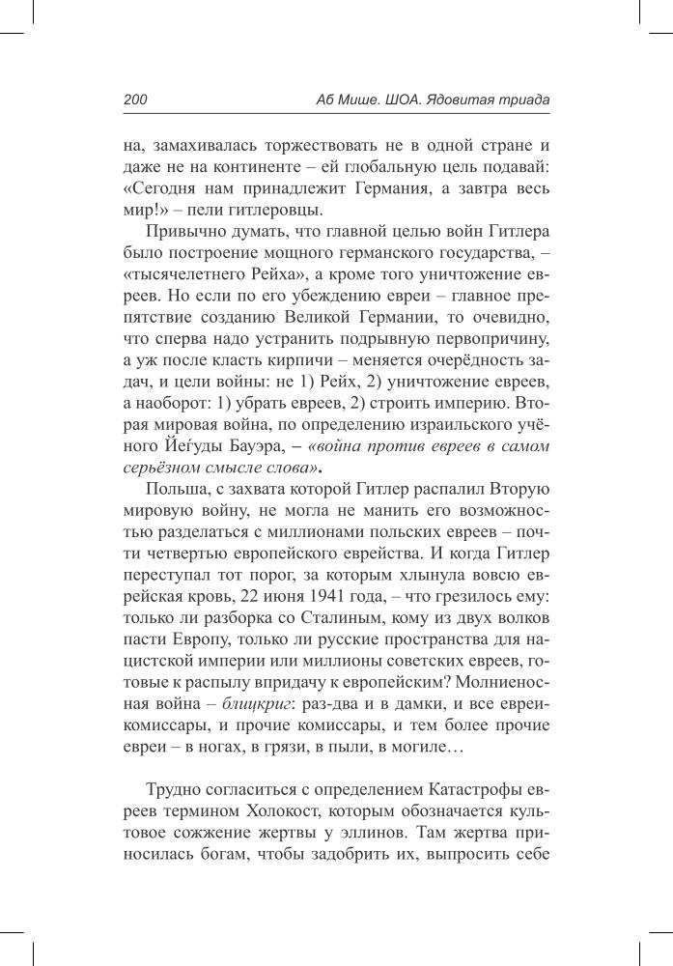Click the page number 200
(134, 99)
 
